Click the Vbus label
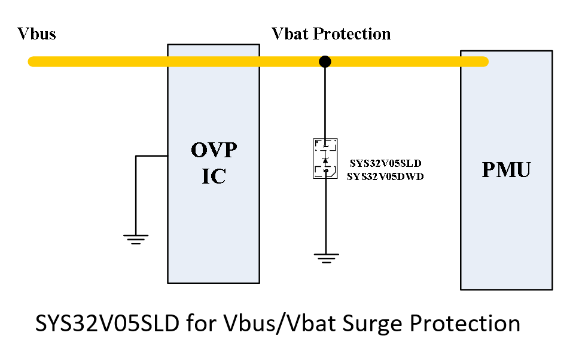(37, 33)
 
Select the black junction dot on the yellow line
(325, 61)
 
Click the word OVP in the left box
(214, 150)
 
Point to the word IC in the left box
(214, 176)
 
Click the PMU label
(506, 170)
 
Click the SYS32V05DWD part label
(385, 176)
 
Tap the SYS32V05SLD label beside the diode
(385, 163)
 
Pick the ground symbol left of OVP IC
(136, 239)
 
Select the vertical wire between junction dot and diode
(325, 102)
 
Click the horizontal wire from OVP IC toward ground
(151, 156)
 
